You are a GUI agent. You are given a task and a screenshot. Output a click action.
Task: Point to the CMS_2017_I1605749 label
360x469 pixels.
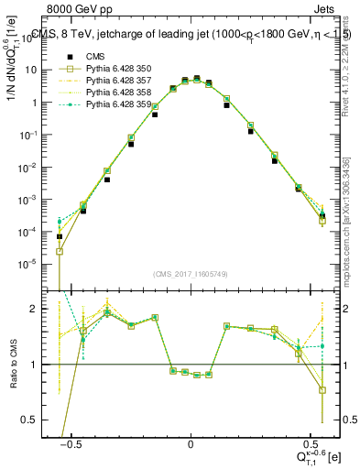(x=191, y=274)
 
